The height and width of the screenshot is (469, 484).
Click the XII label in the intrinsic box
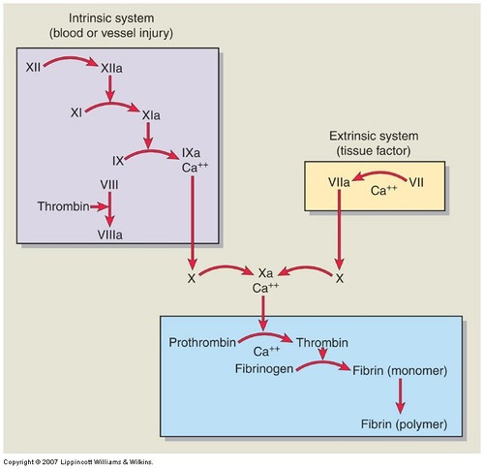33,67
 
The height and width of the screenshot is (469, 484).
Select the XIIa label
111,69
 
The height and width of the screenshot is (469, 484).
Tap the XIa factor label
151,116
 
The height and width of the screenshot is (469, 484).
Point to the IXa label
191,152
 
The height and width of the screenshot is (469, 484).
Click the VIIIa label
110,235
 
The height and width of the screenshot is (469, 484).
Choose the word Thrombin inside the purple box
63,206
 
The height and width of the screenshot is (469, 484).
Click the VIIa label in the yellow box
339,183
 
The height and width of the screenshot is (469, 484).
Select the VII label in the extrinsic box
416,183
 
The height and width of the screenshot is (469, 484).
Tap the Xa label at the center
265,273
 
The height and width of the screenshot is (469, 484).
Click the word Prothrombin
202,343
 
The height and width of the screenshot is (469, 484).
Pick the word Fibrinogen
264,369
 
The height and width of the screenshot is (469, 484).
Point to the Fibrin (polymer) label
404,424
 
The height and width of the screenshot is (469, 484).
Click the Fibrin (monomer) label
400,371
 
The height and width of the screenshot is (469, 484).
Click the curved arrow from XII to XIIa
70,60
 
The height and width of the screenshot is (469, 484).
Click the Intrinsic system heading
111,18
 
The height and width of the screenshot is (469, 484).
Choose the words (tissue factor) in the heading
373,151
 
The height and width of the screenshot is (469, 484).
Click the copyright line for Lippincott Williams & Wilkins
78,462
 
